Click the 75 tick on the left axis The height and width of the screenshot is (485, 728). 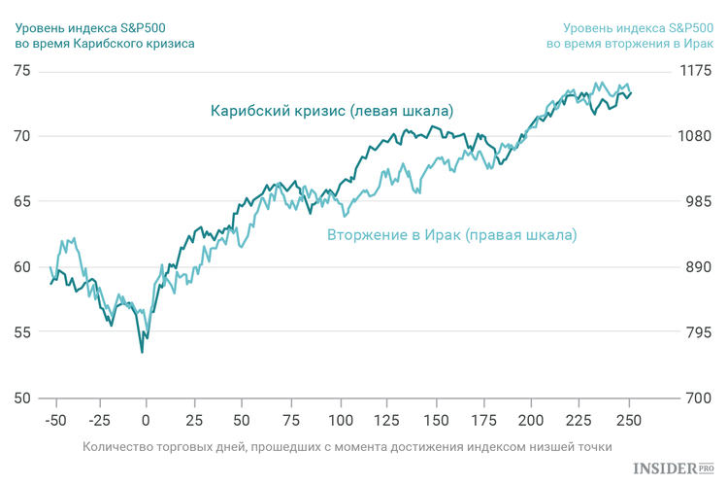pyautogui.click(x=20, y=72)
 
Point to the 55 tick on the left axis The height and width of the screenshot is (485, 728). pyautogui.click(x=20, y=332)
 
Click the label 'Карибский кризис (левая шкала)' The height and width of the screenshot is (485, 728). pyautogui.click(x=332, y=110)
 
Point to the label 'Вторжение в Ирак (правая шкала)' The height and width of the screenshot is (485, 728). pyautogui.click(x=451, y=235)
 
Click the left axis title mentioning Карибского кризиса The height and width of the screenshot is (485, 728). pyautogui.click(x=105, y=35)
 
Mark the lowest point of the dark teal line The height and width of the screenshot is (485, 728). pyautogui.click(x=143, y=352)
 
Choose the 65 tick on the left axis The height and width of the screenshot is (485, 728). pyautogui.click(x=20, y=202)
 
